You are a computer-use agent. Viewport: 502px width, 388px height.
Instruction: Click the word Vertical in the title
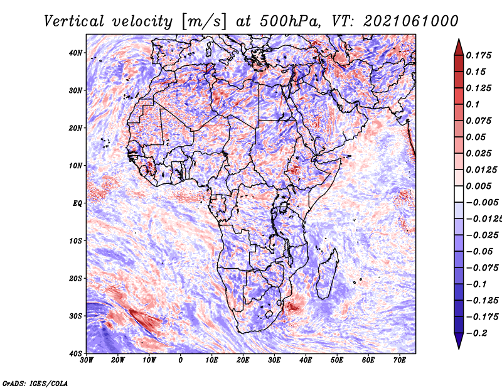[x=73, y=21]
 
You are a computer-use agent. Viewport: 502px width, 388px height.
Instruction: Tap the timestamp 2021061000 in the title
[x=411, y=21]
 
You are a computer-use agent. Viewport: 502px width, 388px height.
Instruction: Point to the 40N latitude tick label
[x=75, y=53]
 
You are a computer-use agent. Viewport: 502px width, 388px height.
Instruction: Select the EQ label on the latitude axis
[x=77, y=203]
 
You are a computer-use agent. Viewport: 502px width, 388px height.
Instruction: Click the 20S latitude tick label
[x=75, y=278]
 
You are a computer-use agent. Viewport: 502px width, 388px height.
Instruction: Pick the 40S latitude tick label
[x=75, y=353]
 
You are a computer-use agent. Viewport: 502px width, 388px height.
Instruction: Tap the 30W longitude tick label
[x=87, y=360]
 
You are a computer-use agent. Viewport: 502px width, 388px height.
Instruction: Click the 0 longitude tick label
[x=181, y=360]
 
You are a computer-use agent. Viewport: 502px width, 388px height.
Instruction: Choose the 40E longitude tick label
[x=306, y=360]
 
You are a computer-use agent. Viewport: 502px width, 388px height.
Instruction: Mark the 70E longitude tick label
[x=400, y=360]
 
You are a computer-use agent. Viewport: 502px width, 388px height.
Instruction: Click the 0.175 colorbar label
[x=478, y=55]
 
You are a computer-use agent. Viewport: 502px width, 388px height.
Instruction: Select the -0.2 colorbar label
[x=476, y=333]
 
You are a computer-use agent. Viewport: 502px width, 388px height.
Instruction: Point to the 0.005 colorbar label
[x=478, y=186]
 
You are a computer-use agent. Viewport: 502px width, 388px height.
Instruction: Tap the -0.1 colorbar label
[x=476, y=284]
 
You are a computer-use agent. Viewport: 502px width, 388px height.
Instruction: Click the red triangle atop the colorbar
[x=459, y=48]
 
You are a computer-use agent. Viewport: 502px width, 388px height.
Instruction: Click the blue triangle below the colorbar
[x=459, y=340]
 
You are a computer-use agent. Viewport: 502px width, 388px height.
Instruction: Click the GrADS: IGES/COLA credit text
[x=35, y=384]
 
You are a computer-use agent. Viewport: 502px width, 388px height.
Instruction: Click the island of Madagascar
[x=327, y=274]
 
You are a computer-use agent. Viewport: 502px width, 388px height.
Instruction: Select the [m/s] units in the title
[x=203, y=22]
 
